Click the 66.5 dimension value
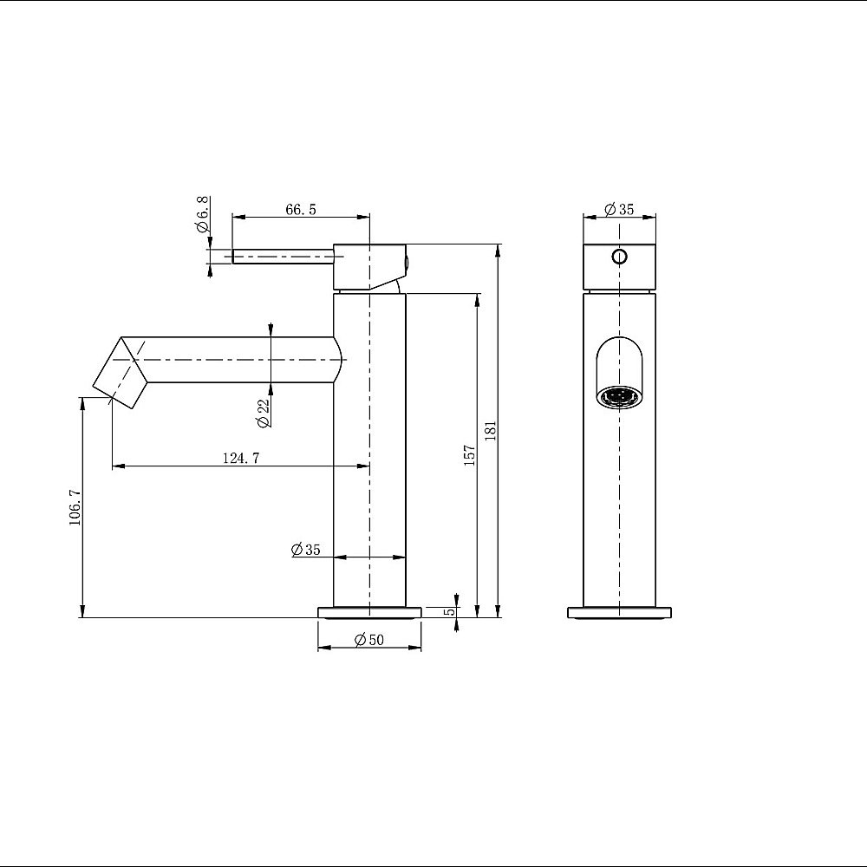click(x=300, y=209)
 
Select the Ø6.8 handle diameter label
click(x=203, y=215)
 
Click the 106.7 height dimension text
click(x=75, y=507)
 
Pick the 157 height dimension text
click(x=469, y=455)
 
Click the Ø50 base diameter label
click(x=370, y=640)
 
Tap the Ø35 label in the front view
click(x=620, y=209)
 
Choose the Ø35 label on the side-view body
click(x=306, y=550)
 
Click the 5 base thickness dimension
click(x=448, y=611)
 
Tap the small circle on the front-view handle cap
click(x=619, y=257)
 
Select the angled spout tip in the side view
click(x=121, y=373)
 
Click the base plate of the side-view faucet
click(x=370, y=612)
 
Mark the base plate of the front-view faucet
click(x=619, y=612)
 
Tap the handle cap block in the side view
click(x=368, y=267)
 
